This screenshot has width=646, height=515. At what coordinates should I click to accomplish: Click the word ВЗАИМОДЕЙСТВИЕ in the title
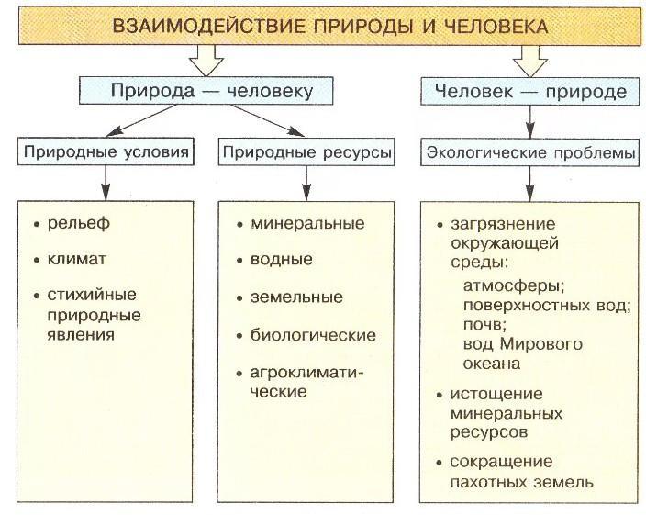click(x=209, y=27)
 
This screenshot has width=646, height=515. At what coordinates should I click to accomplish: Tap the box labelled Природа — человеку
click(x=206, y=90)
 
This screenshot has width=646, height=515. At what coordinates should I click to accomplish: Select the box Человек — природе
click(x=530, y=91)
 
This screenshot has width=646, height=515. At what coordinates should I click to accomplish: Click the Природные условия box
click(x=106, y=151)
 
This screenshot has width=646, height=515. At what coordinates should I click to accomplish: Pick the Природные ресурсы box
click(x=306, y=152)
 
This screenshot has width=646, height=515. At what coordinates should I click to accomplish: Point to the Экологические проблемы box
click(x=530, y=152)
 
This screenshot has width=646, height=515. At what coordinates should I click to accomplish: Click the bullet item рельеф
click(x=79, y=223)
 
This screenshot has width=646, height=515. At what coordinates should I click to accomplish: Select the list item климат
click(x=77, y=259)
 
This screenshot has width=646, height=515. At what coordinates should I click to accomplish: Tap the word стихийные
click(x=92, y=295)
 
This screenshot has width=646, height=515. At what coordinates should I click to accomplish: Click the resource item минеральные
click(x=307, y=223)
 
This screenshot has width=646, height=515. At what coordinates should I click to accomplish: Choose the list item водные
click(x=282, y=260)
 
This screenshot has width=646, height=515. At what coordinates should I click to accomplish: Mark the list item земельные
click(x=296, y=297)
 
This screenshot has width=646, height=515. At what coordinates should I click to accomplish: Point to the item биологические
click(x=313, y=335)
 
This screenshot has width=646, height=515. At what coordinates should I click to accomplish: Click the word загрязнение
click(x=503, y=224)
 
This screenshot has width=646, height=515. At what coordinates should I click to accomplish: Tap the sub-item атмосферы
click(x=514, y=285)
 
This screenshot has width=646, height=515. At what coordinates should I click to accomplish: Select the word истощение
click(x=496, y=394)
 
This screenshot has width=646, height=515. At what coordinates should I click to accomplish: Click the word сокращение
click(x=501, y=462)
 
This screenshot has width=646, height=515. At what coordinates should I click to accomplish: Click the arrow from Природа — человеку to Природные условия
click(x=141, y=120)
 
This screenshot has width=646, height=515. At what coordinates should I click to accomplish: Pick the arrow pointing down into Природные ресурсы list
click(x=306, y=184)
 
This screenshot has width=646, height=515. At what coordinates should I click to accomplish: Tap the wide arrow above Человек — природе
click(x=530, y=61)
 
